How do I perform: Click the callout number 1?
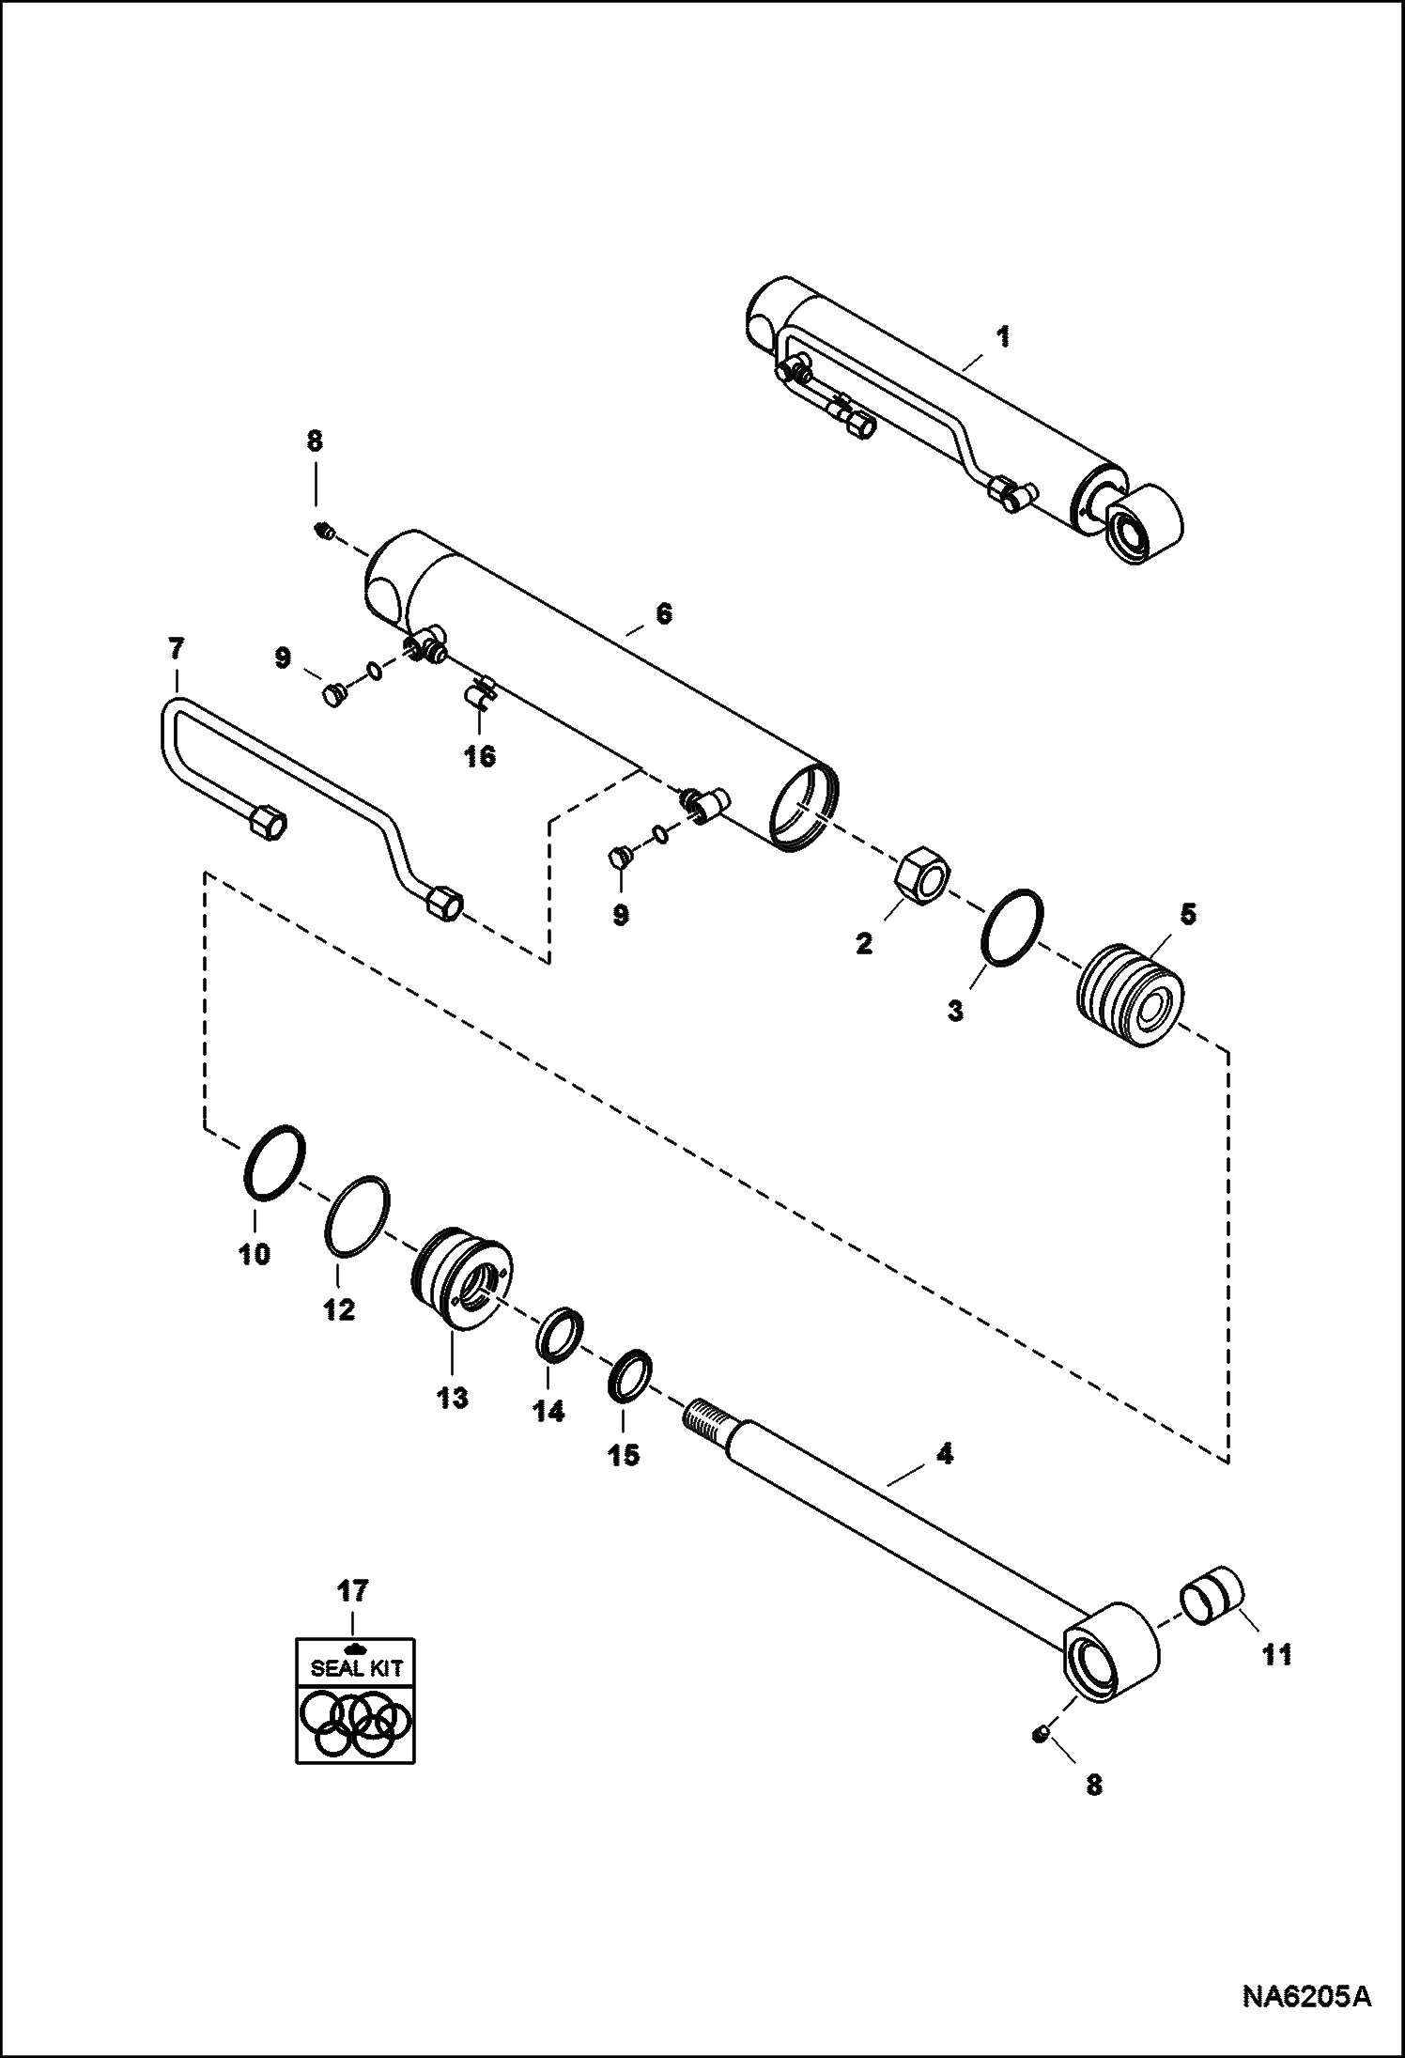1003,336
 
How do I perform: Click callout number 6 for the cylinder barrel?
663,613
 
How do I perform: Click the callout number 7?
176,648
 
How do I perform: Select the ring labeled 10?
274,1162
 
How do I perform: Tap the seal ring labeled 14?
561,1330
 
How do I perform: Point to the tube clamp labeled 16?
480,696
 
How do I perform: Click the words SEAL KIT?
356,1668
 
